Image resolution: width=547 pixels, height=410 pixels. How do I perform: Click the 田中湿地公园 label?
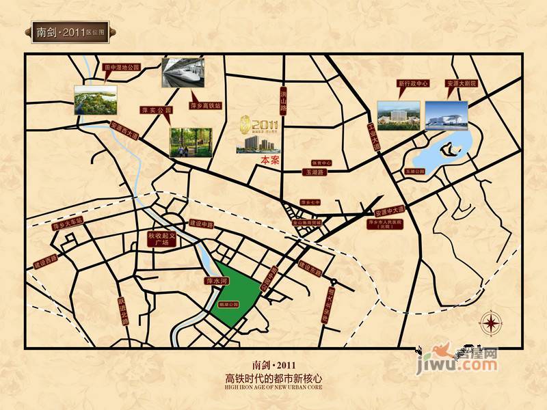tap(121, 68)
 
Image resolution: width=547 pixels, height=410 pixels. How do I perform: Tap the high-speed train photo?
tap(184, 73)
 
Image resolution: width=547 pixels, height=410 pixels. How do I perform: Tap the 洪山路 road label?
tap(282, 102)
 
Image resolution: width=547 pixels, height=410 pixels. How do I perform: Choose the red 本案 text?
tap(270, 160)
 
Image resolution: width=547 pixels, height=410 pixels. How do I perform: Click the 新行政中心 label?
tap(412, 84)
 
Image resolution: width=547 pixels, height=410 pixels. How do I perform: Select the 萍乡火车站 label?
tap(67, 231)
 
